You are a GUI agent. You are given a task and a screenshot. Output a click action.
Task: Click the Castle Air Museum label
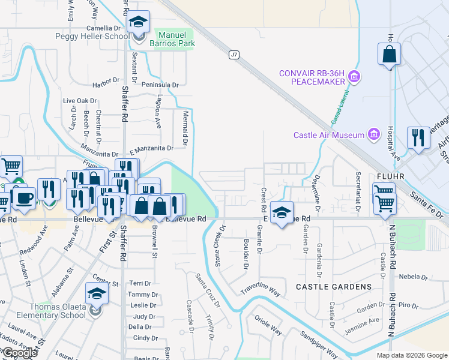point(329,135)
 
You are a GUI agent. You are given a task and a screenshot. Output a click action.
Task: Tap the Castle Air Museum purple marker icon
point(375,134)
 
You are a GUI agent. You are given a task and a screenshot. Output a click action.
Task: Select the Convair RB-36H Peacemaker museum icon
point(354,77)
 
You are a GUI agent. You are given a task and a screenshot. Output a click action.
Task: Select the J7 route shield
point(234,55)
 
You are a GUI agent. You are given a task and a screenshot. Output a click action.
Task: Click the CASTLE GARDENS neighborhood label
point(334,287)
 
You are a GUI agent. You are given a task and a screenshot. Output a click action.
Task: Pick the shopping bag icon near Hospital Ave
point(389,55)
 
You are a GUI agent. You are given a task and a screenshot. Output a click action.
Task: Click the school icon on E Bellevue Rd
point(282,212)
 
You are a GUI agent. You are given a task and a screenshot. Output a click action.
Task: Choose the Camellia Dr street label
point(104,28)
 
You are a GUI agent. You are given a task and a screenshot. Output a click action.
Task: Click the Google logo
point(19,353)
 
